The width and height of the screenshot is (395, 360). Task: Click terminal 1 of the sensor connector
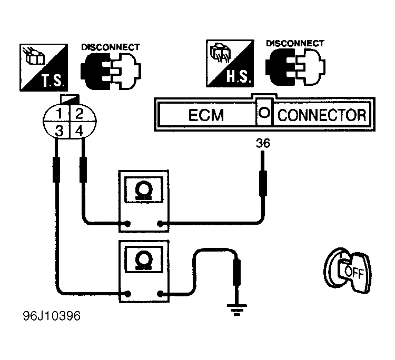(60, 114)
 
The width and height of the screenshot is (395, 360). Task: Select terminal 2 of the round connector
(80, 114)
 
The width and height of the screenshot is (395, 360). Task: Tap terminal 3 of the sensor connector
(59, 131)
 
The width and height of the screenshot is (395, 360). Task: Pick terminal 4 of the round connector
(80, 131)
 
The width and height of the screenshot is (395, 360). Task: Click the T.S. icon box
(44, 67)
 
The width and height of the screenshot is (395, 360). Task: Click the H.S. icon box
(230, 63)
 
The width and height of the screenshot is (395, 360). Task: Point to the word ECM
(206, 115)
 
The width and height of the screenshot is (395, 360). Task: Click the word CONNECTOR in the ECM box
(322, 115)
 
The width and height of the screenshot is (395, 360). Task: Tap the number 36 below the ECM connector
(263, 143)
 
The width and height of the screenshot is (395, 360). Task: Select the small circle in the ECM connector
(264, 112)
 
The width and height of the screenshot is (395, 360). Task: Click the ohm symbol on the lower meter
(143, 261)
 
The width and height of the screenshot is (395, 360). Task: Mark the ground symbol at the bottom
(236, 309)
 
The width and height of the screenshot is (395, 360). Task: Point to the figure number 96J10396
(52, 316)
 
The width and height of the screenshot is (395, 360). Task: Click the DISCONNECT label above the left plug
(111, 47)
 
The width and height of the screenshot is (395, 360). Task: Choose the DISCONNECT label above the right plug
(295, 43)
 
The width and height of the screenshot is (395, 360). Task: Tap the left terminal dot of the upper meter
(128, 224)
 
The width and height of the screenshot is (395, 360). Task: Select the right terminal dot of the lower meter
(160, 294)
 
